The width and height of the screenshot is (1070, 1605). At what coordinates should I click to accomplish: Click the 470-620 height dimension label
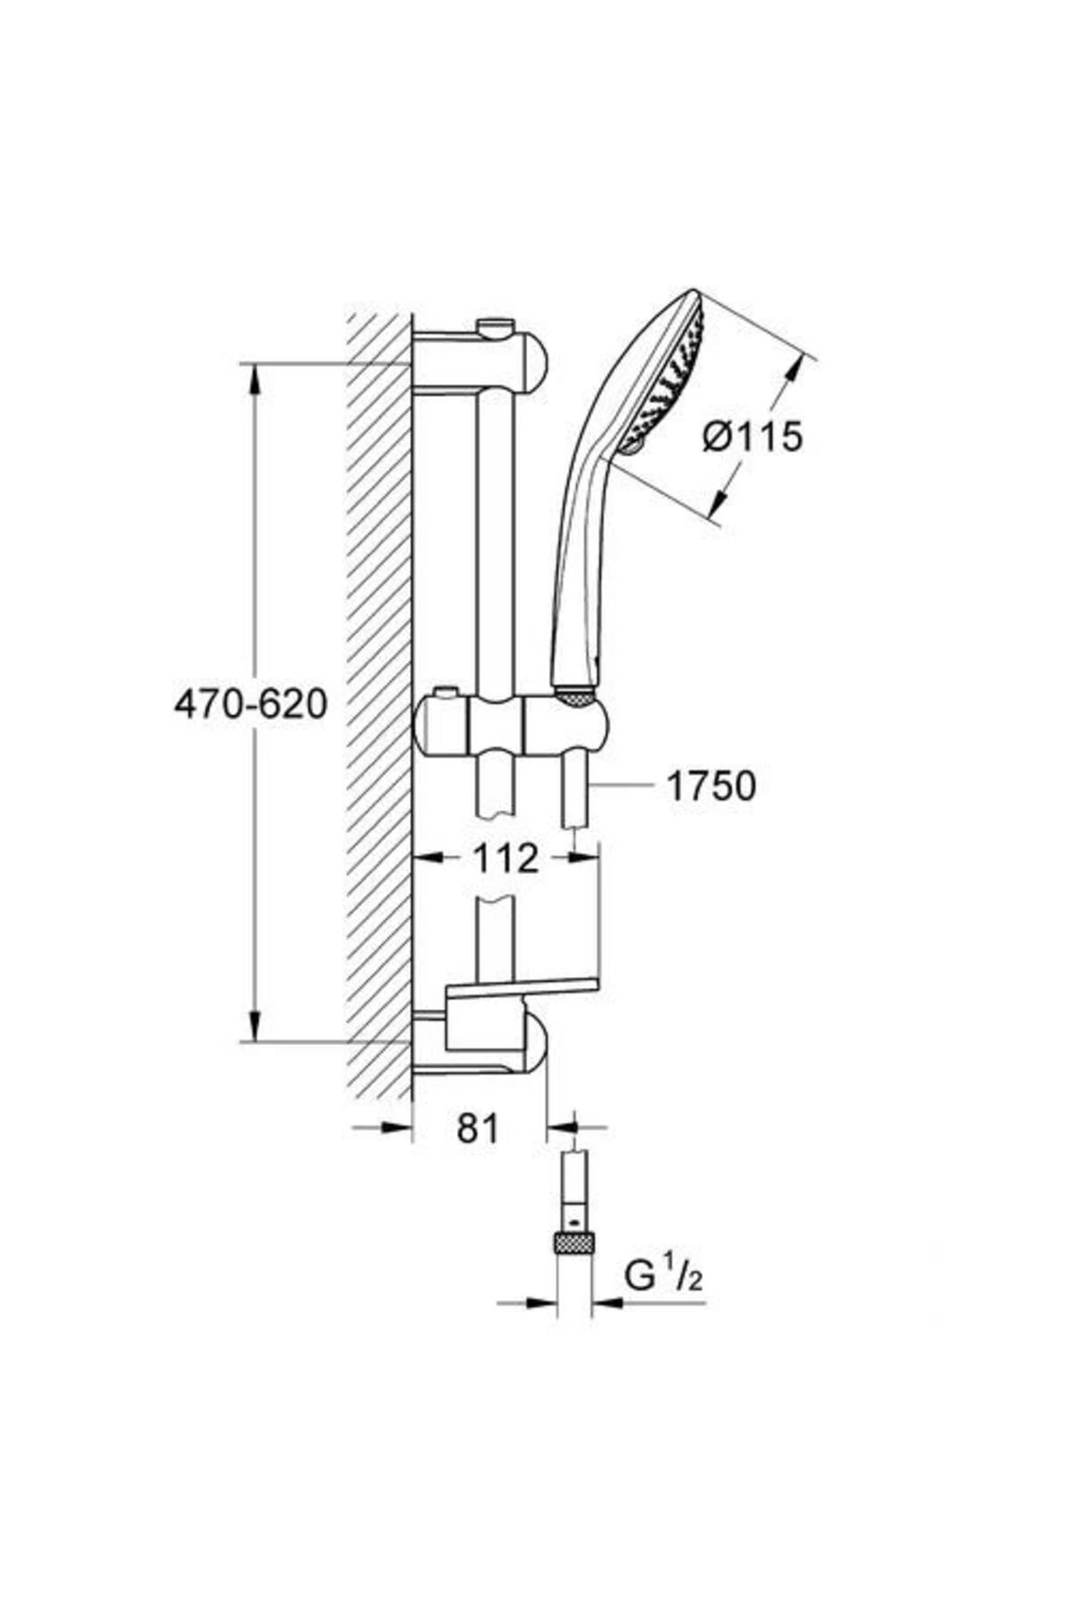[251, 705]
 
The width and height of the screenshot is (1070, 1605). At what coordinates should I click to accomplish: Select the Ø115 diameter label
[753, 437]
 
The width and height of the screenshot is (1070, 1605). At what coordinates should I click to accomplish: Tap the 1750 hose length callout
[711, 786]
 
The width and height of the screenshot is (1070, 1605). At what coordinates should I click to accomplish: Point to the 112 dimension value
[506, 858]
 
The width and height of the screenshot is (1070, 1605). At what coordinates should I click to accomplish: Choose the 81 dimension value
[478, 1129]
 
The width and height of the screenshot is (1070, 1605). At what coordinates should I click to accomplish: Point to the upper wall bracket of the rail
[481, 361]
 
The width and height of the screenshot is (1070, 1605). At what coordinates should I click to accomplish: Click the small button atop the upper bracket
[496, 327]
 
